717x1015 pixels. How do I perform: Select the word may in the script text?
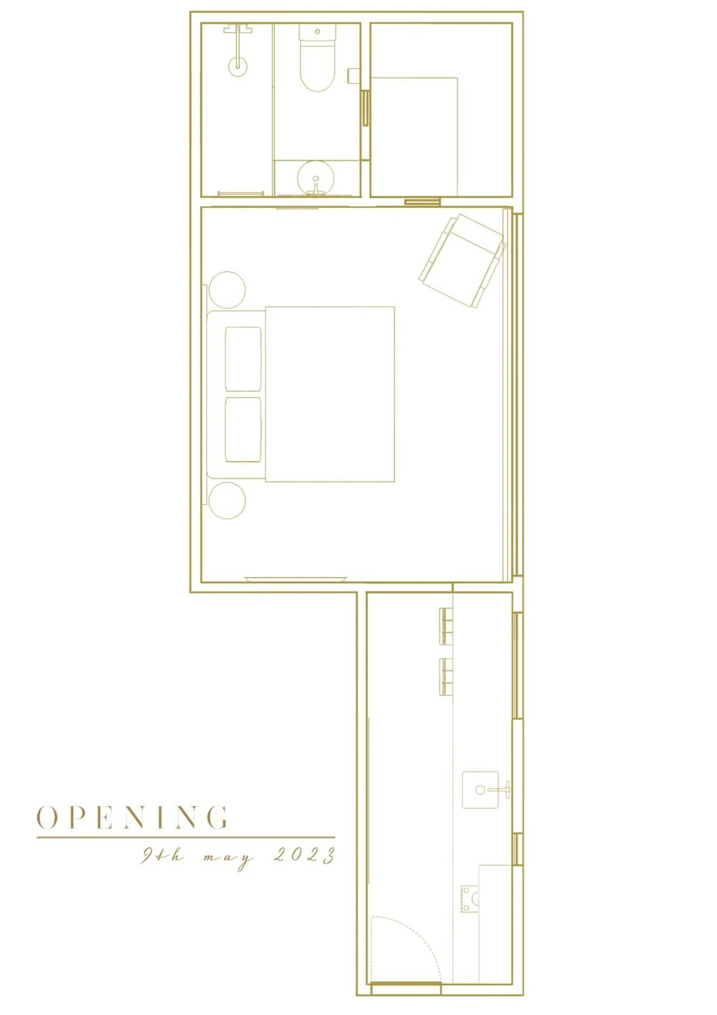[229, 858]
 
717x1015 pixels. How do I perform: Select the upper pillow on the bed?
[243, 359]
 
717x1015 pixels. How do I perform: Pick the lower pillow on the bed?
[243, 430]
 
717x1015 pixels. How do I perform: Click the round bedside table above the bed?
[227, 290]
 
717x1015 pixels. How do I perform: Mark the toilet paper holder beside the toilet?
[353, 75]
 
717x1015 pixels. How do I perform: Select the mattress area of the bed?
[329, 394]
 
